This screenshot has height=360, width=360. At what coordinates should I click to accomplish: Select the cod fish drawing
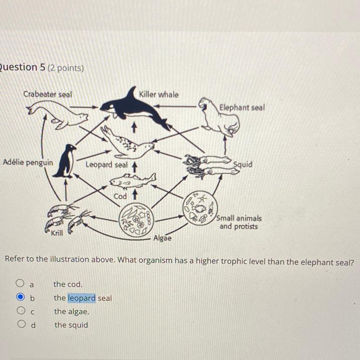(x=133, y=179)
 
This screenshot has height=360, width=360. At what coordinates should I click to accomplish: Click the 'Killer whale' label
(x=159, y=94)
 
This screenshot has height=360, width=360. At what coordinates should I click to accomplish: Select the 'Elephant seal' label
(x=242, y=107)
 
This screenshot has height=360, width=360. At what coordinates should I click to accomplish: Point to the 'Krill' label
(x=57, y=233)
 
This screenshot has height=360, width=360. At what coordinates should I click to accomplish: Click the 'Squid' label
(x=243, y=165)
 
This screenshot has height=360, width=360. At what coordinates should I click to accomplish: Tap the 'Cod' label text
(x=120, y=196)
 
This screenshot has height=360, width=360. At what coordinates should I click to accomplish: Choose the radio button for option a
(x=20, y=284)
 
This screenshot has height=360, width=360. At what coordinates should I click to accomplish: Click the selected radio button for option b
(x=20, y=298)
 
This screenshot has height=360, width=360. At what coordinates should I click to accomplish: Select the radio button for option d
(x=20, y=325)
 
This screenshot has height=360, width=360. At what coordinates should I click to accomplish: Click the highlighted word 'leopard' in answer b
(x=81, y=298)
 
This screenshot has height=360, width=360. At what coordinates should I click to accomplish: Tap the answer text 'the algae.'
(x=71, y=312)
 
